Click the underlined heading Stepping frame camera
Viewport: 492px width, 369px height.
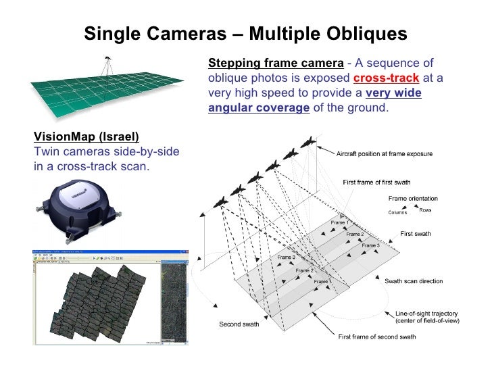pyautogui.click(x=276, y=64)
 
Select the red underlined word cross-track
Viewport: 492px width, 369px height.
pyautogui.click(x=393, y=78)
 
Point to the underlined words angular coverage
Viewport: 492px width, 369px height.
pyautogui.click(x=259, y=108)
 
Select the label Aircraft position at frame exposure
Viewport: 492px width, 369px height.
pyautogui.click(x=385, y=154)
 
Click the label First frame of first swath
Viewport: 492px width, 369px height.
pyautogui.click(x=376, y=182)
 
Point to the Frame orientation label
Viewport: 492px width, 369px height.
pyautogui.click(x=413, y=198)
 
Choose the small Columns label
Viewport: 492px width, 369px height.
pyautogui.click(x=397, y=212)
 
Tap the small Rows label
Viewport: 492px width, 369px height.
pyautogui.click(x=425, y=210)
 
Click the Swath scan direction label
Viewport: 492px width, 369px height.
pyautogui.click(x=414, y=280)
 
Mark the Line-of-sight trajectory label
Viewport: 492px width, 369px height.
pyautogui.click(x=426, y=314)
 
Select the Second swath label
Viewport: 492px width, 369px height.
pyautogui.click(x=239, y=324)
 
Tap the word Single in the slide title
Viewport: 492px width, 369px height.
pyautogui.click(x=112, y=33)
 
